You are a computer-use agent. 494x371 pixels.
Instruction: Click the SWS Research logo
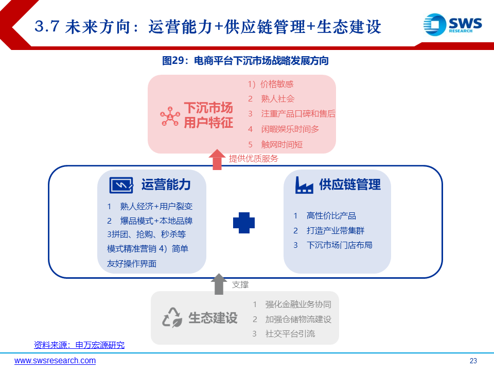(452, 24)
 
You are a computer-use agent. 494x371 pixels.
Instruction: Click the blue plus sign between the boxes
(244, 223)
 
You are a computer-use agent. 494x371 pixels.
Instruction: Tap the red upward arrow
(217, 160)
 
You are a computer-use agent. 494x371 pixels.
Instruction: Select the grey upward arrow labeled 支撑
(219, 284)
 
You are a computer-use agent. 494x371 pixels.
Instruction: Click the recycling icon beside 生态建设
(172, 317)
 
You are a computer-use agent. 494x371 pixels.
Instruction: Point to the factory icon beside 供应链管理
(304, 185)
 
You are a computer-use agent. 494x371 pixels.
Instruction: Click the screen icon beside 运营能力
(121, 185)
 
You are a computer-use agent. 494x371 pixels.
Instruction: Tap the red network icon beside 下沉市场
(170, 116)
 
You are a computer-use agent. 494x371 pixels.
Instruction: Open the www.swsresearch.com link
(55, 361)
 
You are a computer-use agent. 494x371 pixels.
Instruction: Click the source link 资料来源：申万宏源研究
(79, 345)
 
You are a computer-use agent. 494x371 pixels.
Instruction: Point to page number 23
(473, 361)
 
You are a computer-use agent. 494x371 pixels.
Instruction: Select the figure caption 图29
(245, 61)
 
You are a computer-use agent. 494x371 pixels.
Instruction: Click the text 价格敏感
(277, 84)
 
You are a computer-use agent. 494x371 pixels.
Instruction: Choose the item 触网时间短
(282, 144)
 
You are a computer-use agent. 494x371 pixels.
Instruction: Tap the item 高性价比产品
(331, 216)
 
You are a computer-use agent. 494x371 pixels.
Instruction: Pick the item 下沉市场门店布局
(340, 245)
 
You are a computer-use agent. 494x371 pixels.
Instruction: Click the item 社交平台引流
(290, 334)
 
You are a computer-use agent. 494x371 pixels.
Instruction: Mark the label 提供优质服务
(254, 158)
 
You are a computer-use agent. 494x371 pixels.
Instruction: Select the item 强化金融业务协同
(298, 305)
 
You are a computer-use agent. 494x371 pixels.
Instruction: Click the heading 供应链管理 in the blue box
(350, 184)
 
